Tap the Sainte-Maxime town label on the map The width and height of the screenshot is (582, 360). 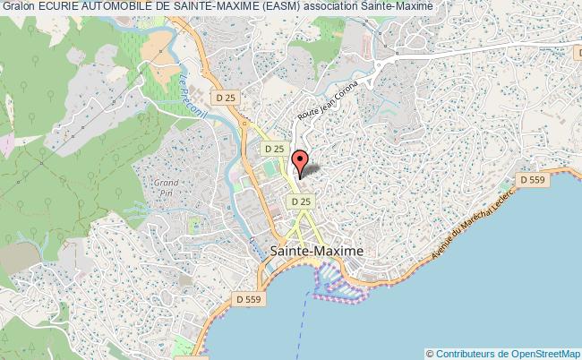pyautogui.click(x=317, y=252)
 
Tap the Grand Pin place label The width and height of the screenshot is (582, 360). pyautogui.click(x=163, y=186)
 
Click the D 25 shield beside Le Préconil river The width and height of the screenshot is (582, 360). pyautogui.click(x=225, y=96)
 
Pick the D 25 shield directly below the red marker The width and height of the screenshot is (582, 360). pyautogui.click(x=301, y=202)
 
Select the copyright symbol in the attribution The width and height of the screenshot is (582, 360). pyautogui.click(x=431, y=354)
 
